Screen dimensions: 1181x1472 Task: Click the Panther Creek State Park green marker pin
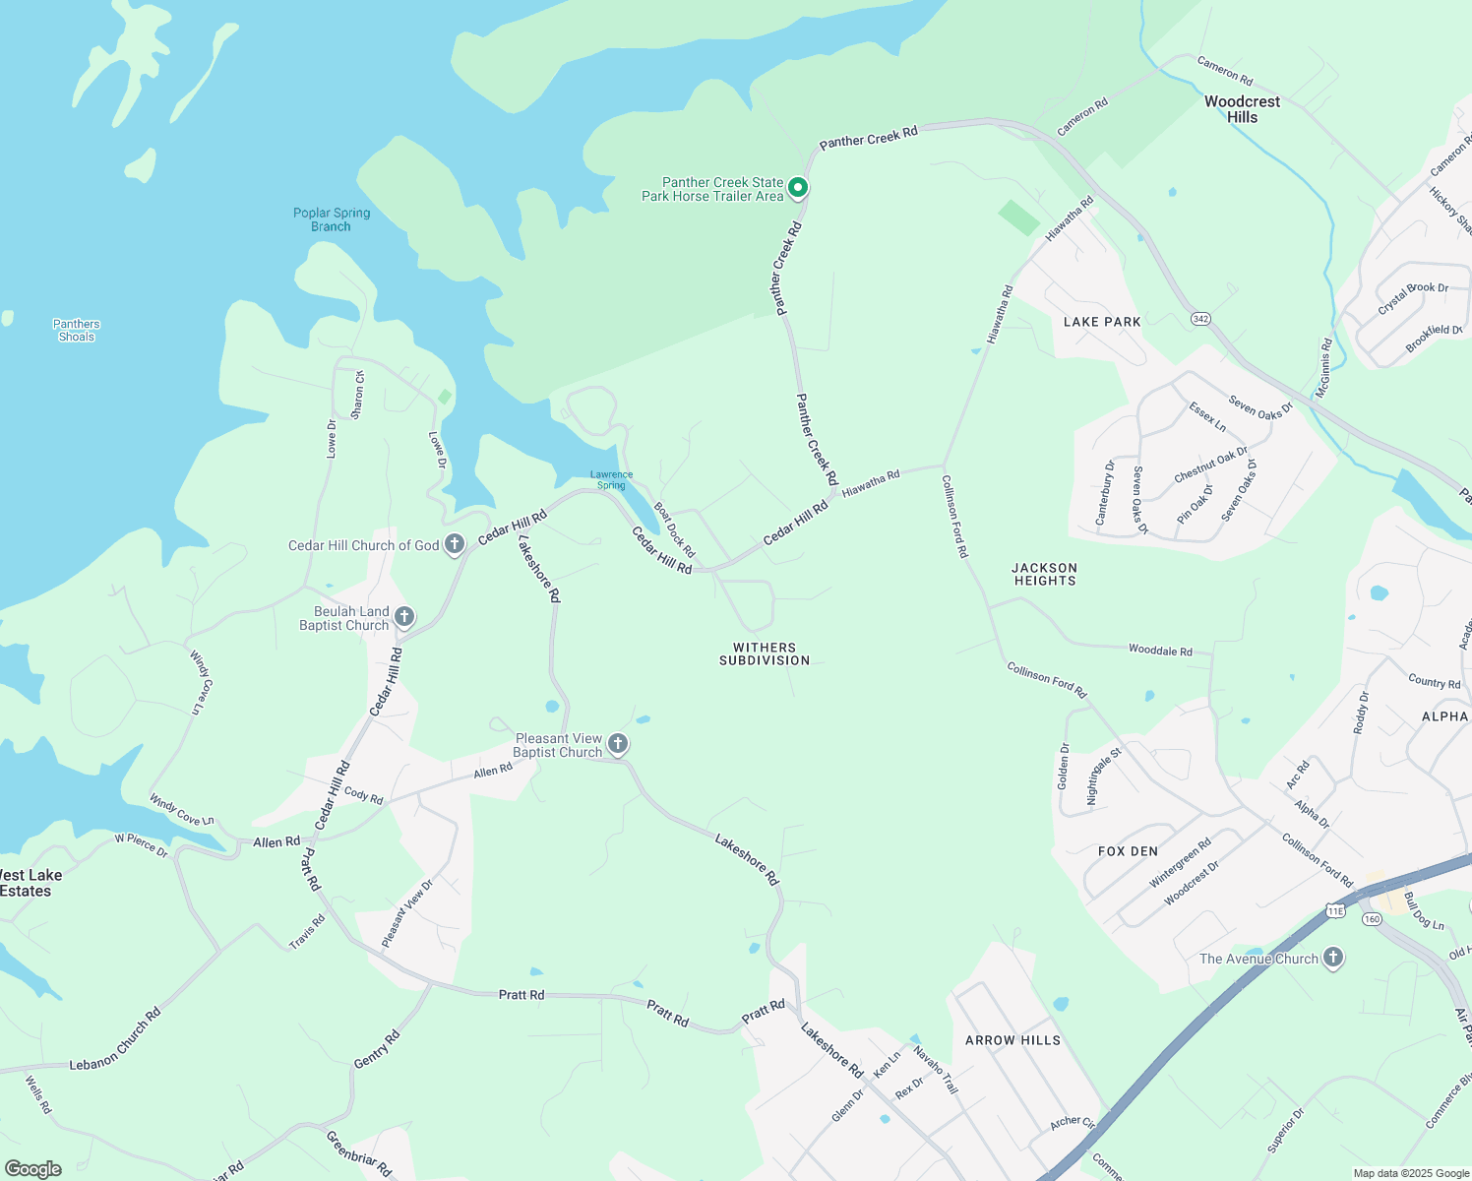(x=799, y=187)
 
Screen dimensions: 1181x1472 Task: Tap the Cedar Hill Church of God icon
(x=454, y=544)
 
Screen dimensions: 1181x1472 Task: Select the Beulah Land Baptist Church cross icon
(x=403, y=617)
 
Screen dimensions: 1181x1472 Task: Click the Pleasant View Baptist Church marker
(x=618, y=744)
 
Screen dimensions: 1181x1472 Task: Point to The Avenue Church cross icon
(x=1332, y=958)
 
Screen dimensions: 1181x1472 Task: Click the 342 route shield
(x=1200, y=319)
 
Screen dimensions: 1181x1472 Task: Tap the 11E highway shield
(x=1335, y=911)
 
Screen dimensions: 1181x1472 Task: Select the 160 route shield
(x=1372, y=919)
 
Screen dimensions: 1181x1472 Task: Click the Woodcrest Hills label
(x=1242, y=109)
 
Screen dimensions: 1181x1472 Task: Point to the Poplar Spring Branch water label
(x=332, y=219)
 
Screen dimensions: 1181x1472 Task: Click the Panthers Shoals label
(x=77, y=331)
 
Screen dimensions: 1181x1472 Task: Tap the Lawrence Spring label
(x=611, y=479)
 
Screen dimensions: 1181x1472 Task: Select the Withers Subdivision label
(x=765, y=654)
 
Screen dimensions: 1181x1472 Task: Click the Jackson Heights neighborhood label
(x=1045, y=575)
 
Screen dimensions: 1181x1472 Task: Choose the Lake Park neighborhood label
(x=1102, y=322)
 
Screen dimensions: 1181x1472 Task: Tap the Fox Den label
(x=1128, y=851)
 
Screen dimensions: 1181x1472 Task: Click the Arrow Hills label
(x=1012, y=1040)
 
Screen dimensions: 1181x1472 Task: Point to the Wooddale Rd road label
(x=1160, y=651)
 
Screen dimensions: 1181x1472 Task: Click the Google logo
(x=33, y=1169)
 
